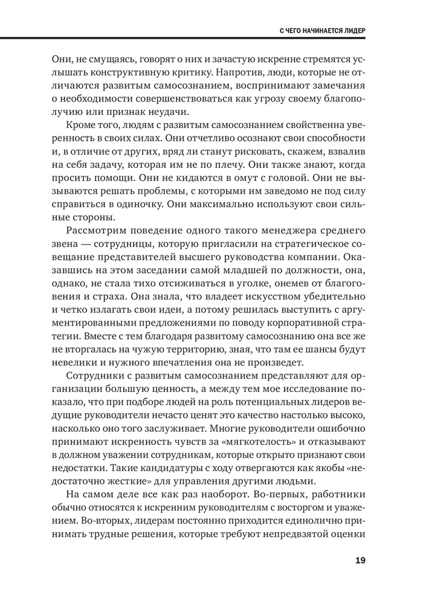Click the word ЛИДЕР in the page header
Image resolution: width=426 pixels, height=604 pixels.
click(354, 30)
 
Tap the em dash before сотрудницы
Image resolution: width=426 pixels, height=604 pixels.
click(91, 245)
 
